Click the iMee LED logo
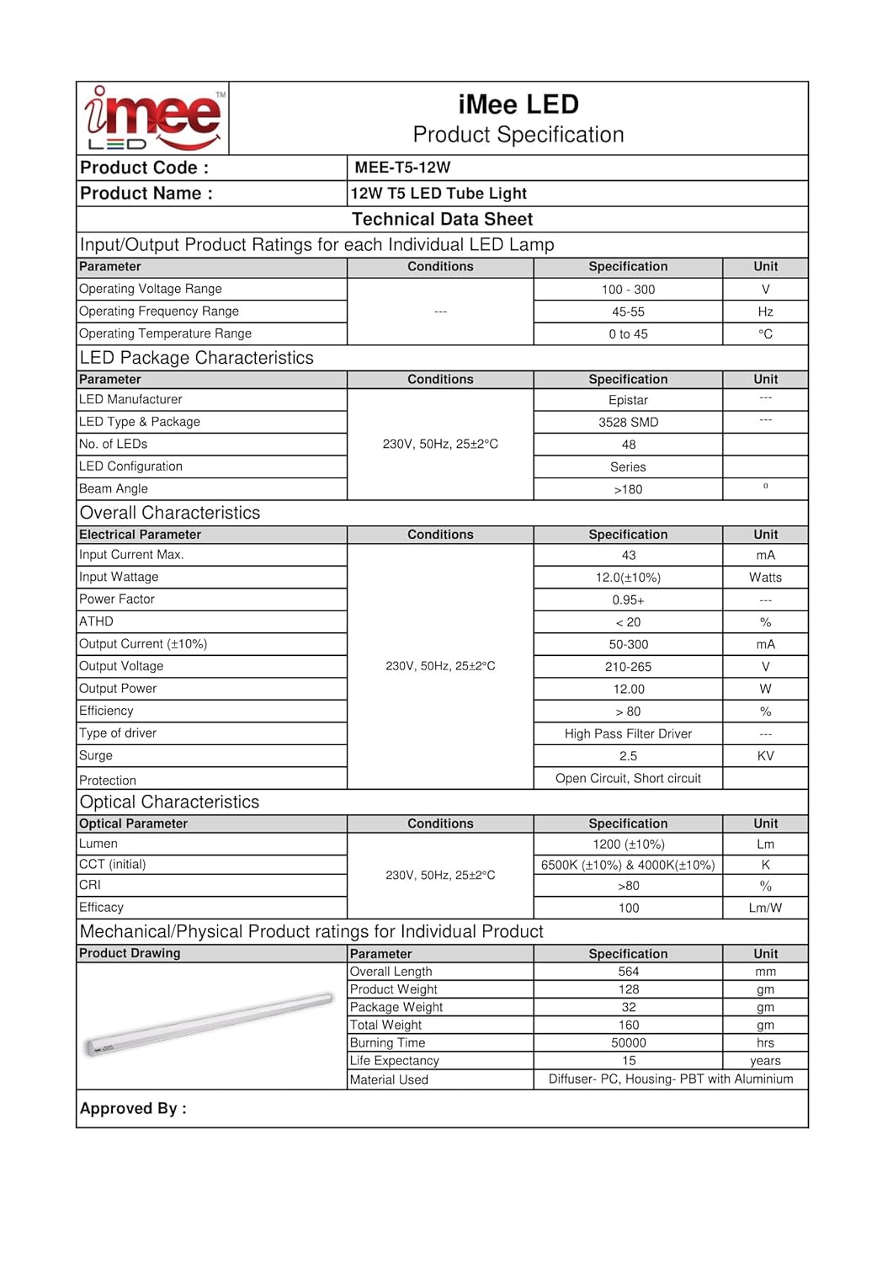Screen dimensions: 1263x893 153,119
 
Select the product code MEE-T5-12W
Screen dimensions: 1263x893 402,168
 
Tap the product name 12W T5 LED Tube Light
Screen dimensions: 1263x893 439,194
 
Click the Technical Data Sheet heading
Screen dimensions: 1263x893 442,220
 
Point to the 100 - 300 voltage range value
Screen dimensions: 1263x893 628,290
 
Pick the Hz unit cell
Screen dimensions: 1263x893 765,312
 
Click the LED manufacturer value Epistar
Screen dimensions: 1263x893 628,400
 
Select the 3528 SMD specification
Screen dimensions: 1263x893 628,423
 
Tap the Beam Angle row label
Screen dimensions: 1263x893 114,489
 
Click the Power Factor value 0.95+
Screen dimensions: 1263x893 628,600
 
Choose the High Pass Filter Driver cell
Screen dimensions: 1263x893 628,734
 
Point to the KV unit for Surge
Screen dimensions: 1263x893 765,756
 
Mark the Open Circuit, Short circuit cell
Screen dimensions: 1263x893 628,779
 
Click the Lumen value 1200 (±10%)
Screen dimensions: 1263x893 628,845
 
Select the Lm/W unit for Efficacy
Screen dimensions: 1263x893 765,909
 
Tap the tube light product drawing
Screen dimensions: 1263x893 210,1024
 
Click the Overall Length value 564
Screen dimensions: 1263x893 628,972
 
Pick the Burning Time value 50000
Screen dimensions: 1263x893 628,1043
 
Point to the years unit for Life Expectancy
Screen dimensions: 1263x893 765,1061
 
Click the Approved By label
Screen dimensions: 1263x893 133,1109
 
